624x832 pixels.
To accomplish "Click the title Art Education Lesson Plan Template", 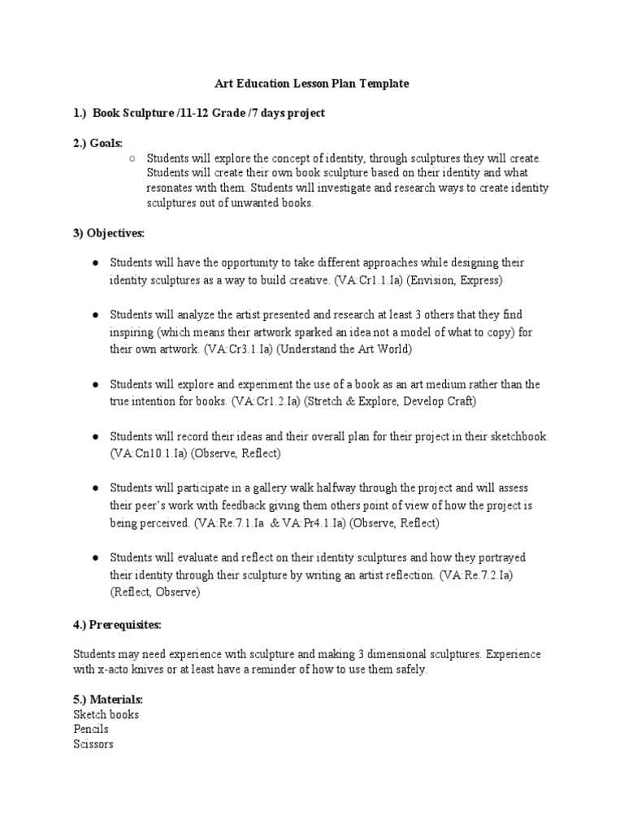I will point(312,84).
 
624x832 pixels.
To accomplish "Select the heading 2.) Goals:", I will point(98,143).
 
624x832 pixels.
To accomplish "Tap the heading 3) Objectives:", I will point(109,233).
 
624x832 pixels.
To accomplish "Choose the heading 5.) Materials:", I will point(108,700).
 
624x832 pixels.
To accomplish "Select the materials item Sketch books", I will point(106,714).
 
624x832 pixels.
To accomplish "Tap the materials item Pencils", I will point(91,729).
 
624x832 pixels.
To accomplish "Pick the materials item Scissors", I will point(93,743).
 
